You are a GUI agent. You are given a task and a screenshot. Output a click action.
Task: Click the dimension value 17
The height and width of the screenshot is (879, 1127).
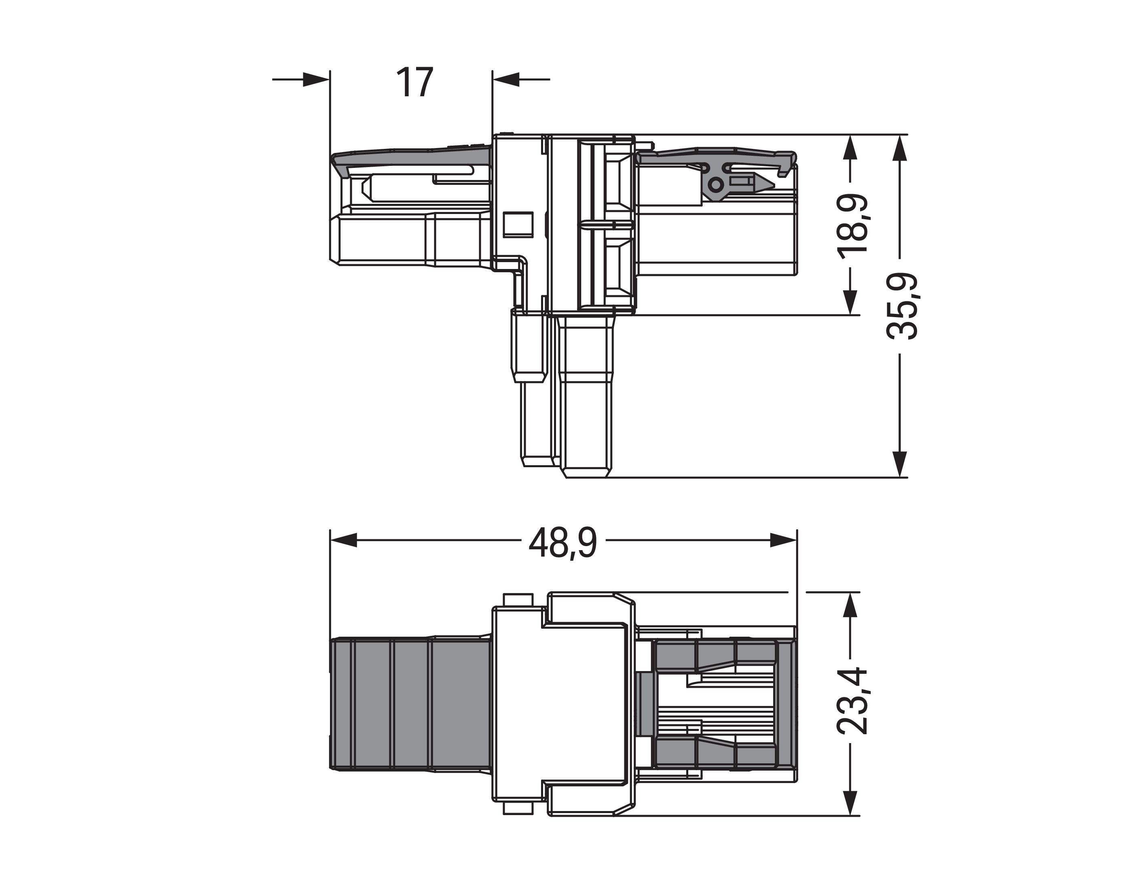(414, 83)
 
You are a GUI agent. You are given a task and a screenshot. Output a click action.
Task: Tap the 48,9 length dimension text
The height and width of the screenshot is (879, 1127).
(562, 543)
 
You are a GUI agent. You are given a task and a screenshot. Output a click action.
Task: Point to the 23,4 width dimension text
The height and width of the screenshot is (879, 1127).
(852, 701)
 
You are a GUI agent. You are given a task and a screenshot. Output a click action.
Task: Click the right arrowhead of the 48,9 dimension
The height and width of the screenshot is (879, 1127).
(783, 540)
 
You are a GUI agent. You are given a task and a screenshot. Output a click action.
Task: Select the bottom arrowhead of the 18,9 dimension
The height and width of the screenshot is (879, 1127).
(850, 301)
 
